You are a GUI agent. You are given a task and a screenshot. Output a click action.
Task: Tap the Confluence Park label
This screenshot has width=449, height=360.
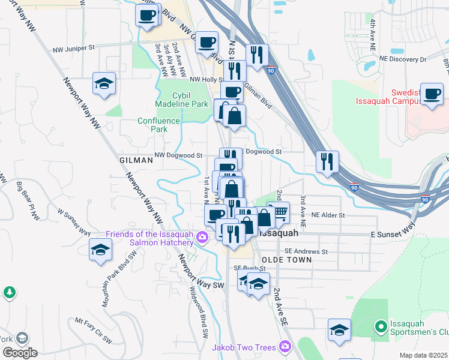(158, 125)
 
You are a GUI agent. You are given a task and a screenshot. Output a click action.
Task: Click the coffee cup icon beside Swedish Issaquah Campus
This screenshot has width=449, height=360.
(432, 94)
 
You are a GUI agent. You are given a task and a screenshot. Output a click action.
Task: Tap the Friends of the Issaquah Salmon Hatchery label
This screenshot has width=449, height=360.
(150, 238)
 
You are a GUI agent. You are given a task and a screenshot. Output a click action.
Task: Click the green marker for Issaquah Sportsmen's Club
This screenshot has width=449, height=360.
(379, 327)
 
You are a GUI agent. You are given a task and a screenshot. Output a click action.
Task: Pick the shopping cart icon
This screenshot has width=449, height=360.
(279, 211)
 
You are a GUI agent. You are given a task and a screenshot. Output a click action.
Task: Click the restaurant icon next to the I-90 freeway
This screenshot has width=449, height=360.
(327, 161)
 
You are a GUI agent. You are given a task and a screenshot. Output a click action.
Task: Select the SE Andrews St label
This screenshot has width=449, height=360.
(306, 252)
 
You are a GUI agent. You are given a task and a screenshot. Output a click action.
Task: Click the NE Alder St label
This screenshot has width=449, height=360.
(328, 215)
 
